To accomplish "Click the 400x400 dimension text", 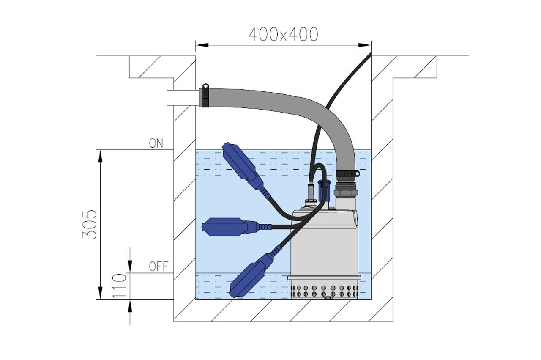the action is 283,35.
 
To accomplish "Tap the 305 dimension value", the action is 90,225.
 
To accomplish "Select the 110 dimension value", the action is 120,286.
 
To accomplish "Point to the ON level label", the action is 156,143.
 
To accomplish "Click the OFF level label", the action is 158,267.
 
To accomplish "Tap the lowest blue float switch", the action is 252,275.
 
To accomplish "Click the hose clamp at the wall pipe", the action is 205,96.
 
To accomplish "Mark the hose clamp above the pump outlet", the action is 347,173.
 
